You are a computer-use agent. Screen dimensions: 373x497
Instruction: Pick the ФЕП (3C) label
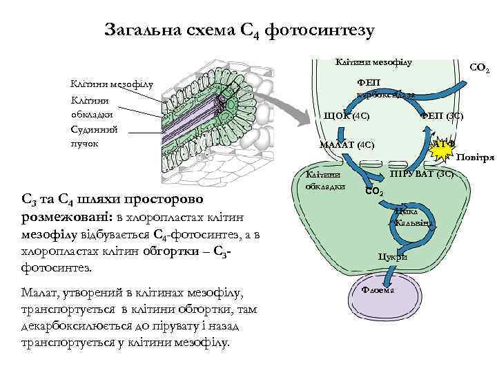coord(442,115)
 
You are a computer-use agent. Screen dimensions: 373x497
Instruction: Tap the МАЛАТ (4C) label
coord(347,145)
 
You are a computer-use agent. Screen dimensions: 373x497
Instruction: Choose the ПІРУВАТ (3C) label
coord(422,173)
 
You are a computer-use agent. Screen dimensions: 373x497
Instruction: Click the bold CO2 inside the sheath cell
coord(373,191)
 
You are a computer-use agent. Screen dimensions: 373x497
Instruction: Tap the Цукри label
coord(392,256)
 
